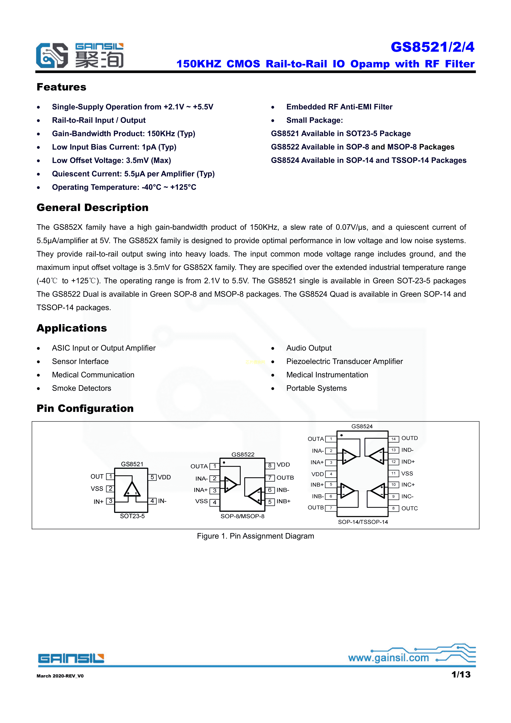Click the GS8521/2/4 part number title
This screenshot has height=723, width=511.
(x=432, y=47)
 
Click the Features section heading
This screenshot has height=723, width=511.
(x=61, y=87)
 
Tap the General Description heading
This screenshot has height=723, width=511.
(x=92, y=207)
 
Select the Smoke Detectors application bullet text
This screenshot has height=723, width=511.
(x=82, y=388)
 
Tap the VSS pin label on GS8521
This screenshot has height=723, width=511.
(x=97, y=489)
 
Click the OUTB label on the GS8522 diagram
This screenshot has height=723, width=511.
(x=285, y=478)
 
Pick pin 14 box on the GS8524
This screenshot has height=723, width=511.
(x=394, y=439)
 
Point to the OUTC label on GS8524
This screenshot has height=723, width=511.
(x=409, y=508)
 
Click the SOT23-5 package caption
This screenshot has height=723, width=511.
(x=132, y=516)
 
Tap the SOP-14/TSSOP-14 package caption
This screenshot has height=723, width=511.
(x=363, y=522)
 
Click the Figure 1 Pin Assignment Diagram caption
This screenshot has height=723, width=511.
(x=255, y=536)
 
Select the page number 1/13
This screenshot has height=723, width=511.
(x=461, y=675)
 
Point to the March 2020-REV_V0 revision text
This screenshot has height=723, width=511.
(x=60, y=676)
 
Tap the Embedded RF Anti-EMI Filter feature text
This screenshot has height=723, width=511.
(x=339, y=107)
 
